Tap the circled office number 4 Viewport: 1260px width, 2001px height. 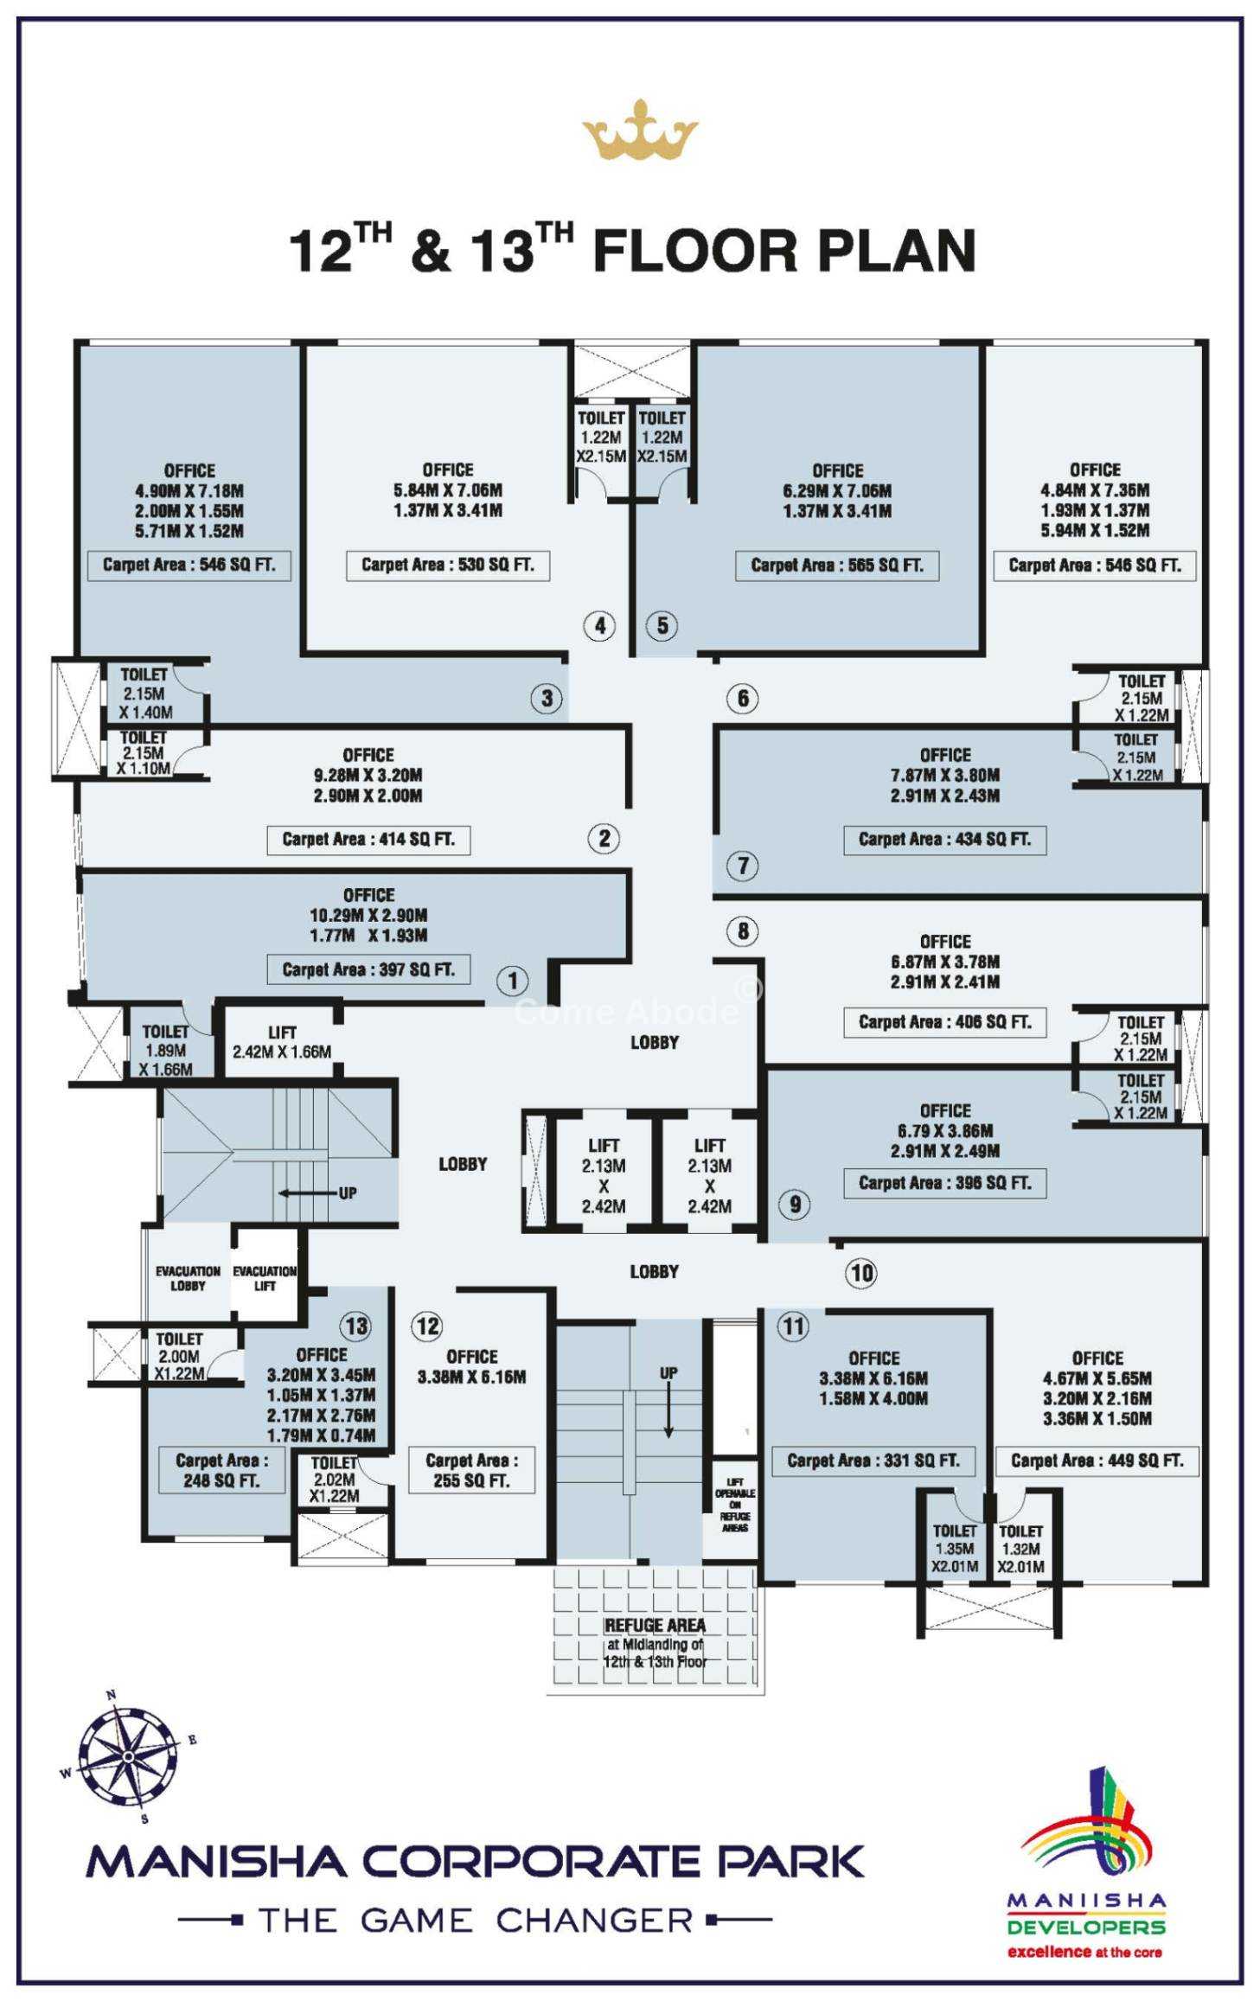click(x=599, y=625)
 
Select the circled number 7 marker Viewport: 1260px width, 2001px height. click(x=743, y=866)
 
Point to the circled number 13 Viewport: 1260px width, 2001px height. click(x=356, y=1327)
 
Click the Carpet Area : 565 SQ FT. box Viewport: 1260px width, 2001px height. click(x=836, y=566)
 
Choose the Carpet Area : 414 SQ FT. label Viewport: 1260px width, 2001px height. click(x=368, y=840)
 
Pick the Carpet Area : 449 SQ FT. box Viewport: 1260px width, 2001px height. click(x=1097, y=1461)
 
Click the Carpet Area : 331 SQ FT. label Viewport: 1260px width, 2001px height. click(x=873, y=1461)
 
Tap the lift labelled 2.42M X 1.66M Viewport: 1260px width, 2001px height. click(x=281, y=1043)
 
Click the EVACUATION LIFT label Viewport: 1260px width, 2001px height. click(x=265, y=1278)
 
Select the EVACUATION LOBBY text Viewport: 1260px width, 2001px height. click(x=188, y=1278)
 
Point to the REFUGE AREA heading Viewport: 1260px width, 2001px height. click(x=655, y=1626)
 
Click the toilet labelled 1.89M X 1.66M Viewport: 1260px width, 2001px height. click(x=165, y=1050)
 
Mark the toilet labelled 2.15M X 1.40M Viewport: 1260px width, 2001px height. click(x=145, y=694)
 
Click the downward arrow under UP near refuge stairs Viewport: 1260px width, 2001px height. click(x=668, y=1413)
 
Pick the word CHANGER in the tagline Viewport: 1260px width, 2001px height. click(x=594, y=1921)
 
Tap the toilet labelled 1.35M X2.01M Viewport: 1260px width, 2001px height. click(x=955, y=1549)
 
